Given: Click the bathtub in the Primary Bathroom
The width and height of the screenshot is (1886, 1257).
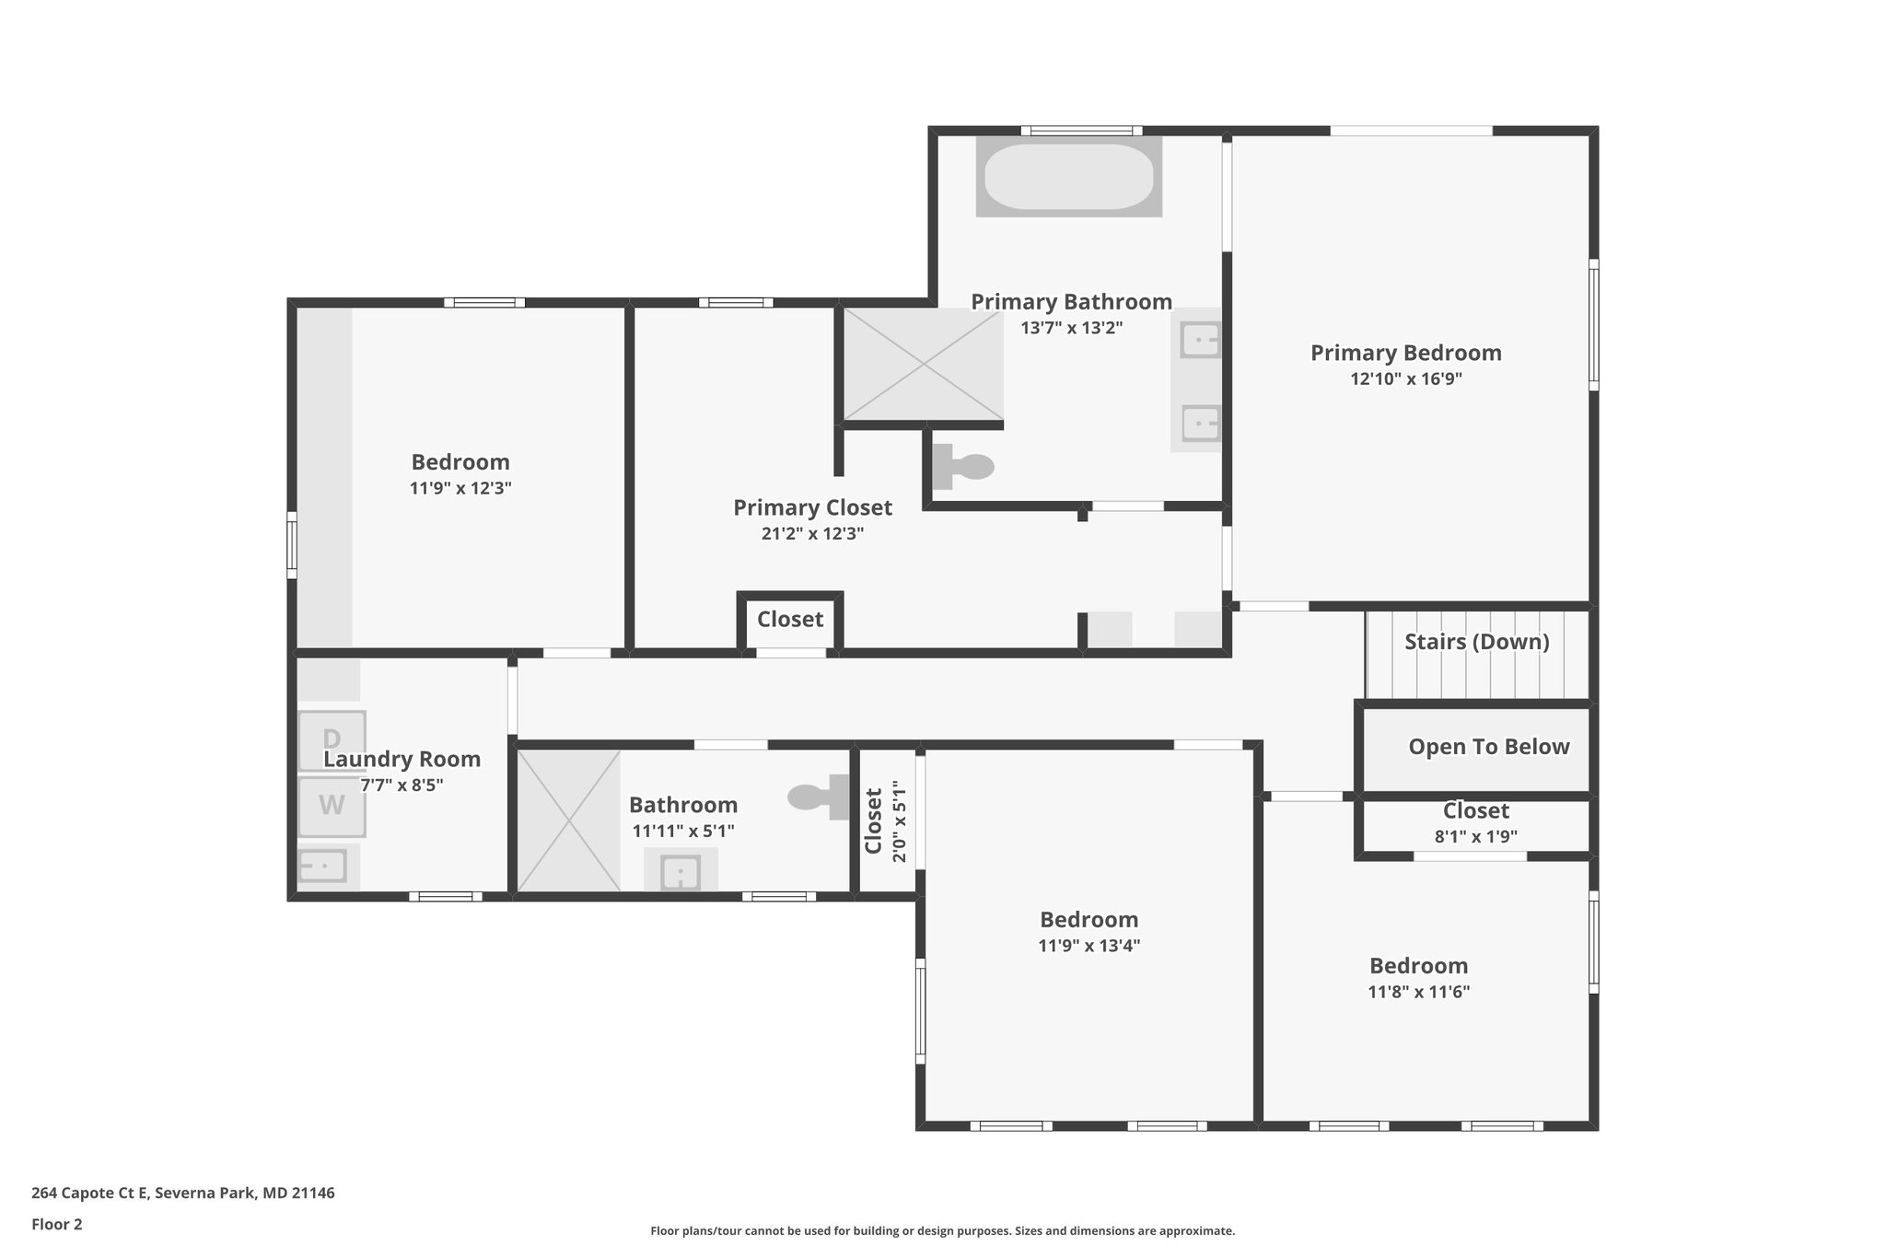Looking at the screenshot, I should (1068, 177).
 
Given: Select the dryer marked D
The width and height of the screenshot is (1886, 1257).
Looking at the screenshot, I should (332, 739).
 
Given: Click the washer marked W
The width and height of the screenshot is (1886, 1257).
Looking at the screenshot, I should (332, 806).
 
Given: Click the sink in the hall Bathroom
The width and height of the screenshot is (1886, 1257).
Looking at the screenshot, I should (681, 871).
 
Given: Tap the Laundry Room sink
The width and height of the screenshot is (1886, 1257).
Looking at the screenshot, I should (322, 866).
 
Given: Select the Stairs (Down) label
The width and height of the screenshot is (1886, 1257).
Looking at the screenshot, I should (1476, 642).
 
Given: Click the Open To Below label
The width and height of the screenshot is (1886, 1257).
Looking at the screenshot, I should (1488, 747).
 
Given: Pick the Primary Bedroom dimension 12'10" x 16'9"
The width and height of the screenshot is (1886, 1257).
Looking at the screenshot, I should (1405, 378).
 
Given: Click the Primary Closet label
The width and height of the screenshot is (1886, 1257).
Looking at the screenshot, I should (812, 507).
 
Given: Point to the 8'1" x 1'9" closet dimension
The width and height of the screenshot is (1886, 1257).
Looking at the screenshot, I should (1475, 836).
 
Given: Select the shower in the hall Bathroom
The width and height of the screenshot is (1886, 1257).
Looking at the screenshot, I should (568, 821).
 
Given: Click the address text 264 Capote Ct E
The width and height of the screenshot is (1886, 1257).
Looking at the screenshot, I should (182, 1193).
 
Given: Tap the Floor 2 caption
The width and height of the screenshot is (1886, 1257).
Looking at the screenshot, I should (57, 1225).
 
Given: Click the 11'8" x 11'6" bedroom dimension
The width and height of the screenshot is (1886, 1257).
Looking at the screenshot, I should (1418, 992).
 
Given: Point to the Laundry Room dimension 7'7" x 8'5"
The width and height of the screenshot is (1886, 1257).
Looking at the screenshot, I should (402, 786).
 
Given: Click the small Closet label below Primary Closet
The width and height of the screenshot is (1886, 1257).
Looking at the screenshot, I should (790, 620).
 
